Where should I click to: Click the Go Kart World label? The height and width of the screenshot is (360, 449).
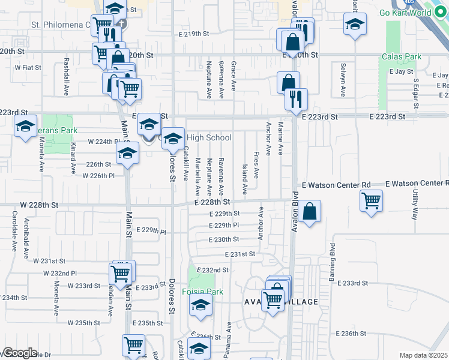click(x=414, y=13)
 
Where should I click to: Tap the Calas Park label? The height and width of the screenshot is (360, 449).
click(x=401, y=57)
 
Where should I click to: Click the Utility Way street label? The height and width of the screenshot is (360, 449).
click(x=415, y=205)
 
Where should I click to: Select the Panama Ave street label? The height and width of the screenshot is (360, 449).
click(x=228, y=342)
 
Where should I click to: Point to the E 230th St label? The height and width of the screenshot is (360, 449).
click(x=224, y=239)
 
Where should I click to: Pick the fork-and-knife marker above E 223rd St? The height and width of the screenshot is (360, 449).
click(x=296, y=99)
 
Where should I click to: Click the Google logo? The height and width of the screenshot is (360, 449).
click(x=20, y=353)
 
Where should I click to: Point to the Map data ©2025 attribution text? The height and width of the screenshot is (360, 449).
click(x=423, y=355)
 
